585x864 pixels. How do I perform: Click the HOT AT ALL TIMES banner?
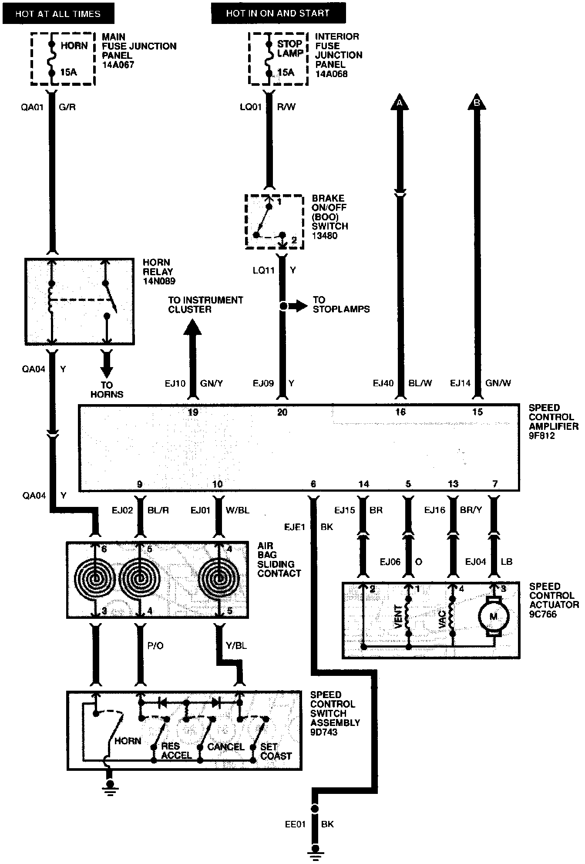pos(58,13)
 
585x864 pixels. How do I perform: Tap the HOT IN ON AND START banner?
pos(278,13)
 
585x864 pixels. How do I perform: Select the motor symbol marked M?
pos(494,617)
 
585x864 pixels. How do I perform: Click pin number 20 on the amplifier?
pos(282,412)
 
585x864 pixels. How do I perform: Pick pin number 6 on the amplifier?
pos(313,484)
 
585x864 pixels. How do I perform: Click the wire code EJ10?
pos(175,384)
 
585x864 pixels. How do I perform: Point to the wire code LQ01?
pos(250,107)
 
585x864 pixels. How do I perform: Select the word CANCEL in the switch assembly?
pos(226,747)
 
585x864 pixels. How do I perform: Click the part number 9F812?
pos(542,436)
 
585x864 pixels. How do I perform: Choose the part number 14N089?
pos(159,281)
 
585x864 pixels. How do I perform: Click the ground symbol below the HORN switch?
pos(110,791)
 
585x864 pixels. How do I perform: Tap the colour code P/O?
pos(155,645)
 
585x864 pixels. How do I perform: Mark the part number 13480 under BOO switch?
pos(325,236)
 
